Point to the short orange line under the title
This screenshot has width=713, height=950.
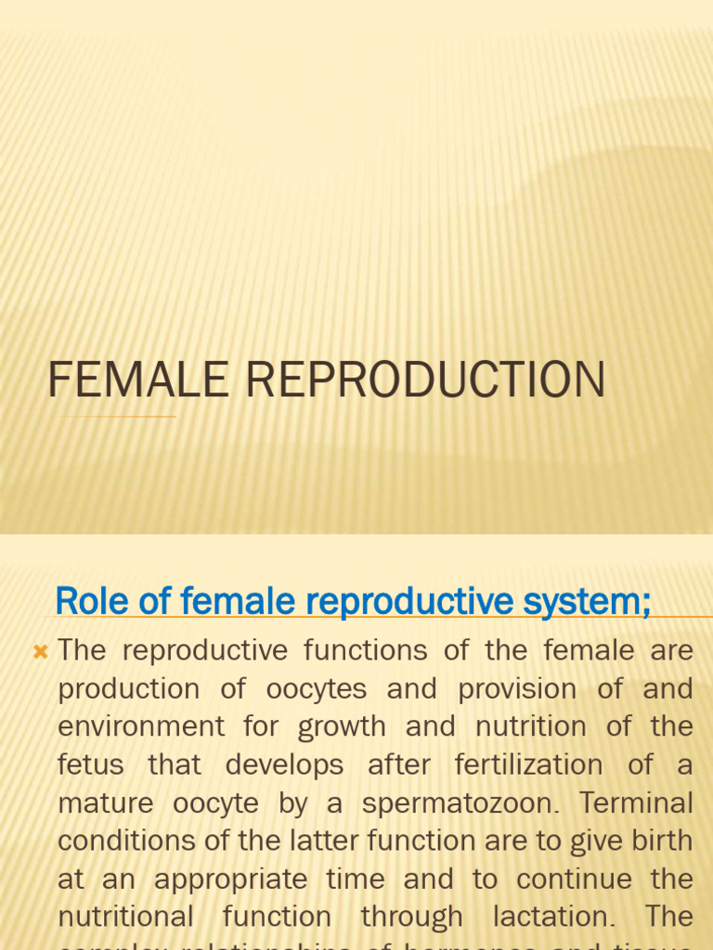(113, 417)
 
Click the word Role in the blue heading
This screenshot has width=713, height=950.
(87, 601)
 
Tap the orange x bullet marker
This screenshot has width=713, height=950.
(40, 652)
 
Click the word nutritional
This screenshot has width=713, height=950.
(125, 917)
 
